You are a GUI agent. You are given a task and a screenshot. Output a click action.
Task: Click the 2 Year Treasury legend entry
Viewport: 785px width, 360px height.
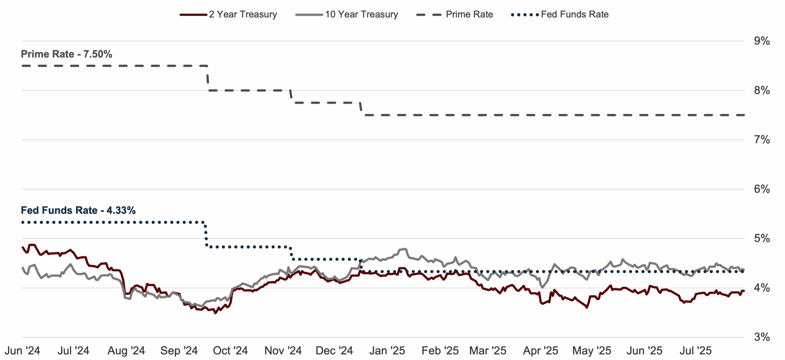[x=229, y=14]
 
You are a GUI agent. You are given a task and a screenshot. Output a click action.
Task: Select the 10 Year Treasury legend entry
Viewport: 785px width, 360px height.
[x=347, y=14]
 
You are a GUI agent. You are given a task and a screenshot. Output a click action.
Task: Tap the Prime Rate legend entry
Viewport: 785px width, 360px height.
[x=455, y=14]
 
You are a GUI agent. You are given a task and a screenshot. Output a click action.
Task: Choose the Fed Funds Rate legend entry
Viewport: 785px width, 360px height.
[x=560, y=14]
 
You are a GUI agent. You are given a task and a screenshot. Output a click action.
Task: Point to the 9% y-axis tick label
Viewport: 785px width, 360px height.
[x=762, y=41]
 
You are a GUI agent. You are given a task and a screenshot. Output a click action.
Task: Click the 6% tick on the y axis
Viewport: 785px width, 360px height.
[x=762, y=189]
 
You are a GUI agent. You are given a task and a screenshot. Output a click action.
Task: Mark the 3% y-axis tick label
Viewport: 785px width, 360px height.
[x=762, y=337]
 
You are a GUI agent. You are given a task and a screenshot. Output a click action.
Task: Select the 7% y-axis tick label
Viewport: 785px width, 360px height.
[x=762, y=140]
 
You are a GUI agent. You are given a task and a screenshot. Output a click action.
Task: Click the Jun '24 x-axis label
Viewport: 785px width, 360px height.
[x=22, y=351]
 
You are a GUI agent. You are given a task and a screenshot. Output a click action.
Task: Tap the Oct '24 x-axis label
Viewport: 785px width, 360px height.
[x=231, y=351]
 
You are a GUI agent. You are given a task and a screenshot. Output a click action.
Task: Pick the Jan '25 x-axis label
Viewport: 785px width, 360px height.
[x=387, y=351]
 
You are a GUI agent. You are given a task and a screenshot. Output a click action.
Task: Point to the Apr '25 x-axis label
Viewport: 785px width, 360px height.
[x=541, y=351]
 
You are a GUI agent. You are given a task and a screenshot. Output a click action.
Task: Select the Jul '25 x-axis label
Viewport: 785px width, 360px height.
[x=695, y=351]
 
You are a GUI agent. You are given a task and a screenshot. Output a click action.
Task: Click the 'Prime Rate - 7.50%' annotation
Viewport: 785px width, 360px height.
[x=67, y=54]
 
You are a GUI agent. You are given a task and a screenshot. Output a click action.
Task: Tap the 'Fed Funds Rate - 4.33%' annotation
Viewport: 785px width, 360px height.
[x=78, y=210]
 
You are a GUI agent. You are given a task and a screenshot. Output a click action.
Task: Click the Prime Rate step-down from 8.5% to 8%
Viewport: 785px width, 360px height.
[x=208, y=78]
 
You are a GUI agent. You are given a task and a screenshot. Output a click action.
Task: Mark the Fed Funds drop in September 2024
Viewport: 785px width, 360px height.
[x=205, y=234]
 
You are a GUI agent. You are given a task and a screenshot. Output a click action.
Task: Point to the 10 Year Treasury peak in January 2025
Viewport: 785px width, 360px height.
[x=404, y=249]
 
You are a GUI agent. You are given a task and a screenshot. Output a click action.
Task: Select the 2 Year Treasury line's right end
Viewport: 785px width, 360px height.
[x=744, y=291]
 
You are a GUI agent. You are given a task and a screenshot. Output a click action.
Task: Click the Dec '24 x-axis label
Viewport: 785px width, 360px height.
[x=334, y=351]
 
